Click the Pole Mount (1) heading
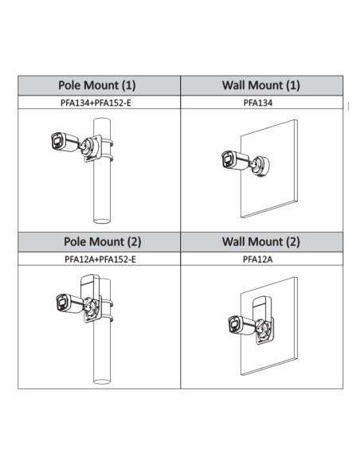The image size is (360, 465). [x=97, y=85]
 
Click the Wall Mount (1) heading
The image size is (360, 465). [x=261, y=85]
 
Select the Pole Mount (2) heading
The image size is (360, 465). [x=102, y=242]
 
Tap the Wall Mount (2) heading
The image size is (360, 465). [x=261, y=242]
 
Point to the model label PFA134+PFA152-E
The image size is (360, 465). [x=96, y=103]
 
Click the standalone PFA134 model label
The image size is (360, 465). [x=258, y=103]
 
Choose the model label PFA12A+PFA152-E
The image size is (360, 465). [x=100, y=260]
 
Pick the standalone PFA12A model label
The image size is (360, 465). [x=258, y=260]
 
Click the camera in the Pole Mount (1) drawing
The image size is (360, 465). [x=65, y=142]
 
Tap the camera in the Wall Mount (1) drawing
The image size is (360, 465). [x=236, y=160]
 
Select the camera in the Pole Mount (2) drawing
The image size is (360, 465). [x=70, y=303]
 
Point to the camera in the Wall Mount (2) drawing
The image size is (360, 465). [x=242, y=326]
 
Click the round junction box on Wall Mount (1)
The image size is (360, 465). [x=260, y=166]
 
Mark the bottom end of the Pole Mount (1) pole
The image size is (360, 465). [x=102, y=221]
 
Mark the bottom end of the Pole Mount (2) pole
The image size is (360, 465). [x=102, y=381]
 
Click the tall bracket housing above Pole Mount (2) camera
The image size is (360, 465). [x=90, y=285]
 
